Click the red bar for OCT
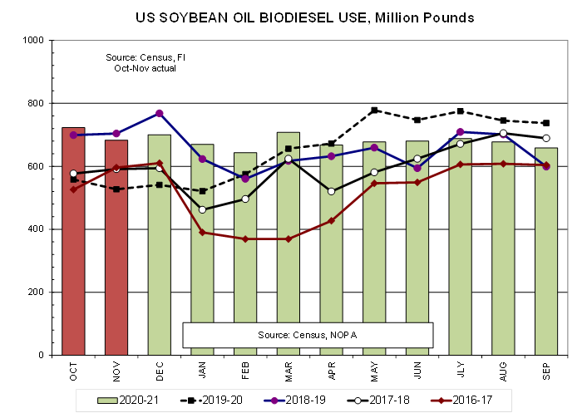[x=75, y=241]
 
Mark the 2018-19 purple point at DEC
[x=160, y=113]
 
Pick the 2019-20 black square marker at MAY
[x=374, y=110]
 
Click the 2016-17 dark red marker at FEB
[x=245, y=239]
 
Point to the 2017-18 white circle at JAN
[x=202, y=209]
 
